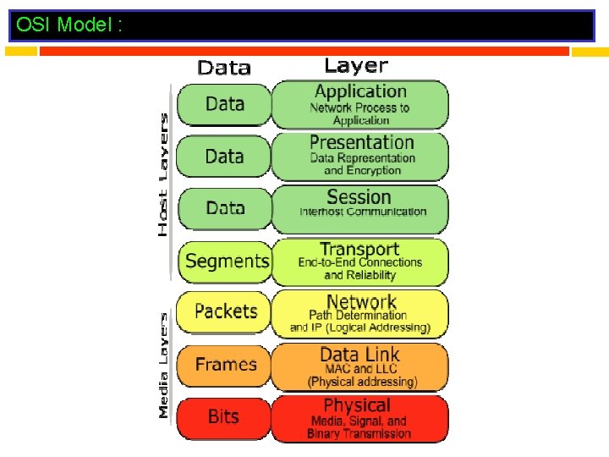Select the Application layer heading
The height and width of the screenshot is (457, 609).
[360, 91]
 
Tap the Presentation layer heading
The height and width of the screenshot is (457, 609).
[361, 142]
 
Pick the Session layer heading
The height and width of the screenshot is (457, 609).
[359, 196]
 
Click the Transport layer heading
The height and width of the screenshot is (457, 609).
[359, 249]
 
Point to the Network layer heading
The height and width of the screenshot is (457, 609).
[361, 301]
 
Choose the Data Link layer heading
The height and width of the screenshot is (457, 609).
[359, 354]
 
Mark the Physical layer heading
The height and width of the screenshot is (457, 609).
[357, 405]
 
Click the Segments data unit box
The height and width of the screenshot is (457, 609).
[225, 261]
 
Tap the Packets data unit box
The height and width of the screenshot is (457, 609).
[225, 311]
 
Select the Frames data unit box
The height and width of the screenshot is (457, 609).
[225, 365]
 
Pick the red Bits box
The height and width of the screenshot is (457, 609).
[224, 416]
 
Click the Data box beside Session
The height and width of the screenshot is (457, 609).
[224, 207]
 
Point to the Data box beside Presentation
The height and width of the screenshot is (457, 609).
[224, 156]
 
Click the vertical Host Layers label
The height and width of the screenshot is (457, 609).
[163, 174]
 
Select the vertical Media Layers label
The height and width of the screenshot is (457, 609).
[163, 365]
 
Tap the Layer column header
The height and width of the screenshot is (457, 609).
[356, 65]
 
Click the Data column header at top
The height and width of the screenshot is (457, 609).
[224, 68]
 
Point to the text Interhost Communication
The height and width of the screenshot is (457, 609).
[363, 212]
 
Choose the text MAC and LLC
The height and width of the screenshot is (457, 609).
[362, 369]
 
